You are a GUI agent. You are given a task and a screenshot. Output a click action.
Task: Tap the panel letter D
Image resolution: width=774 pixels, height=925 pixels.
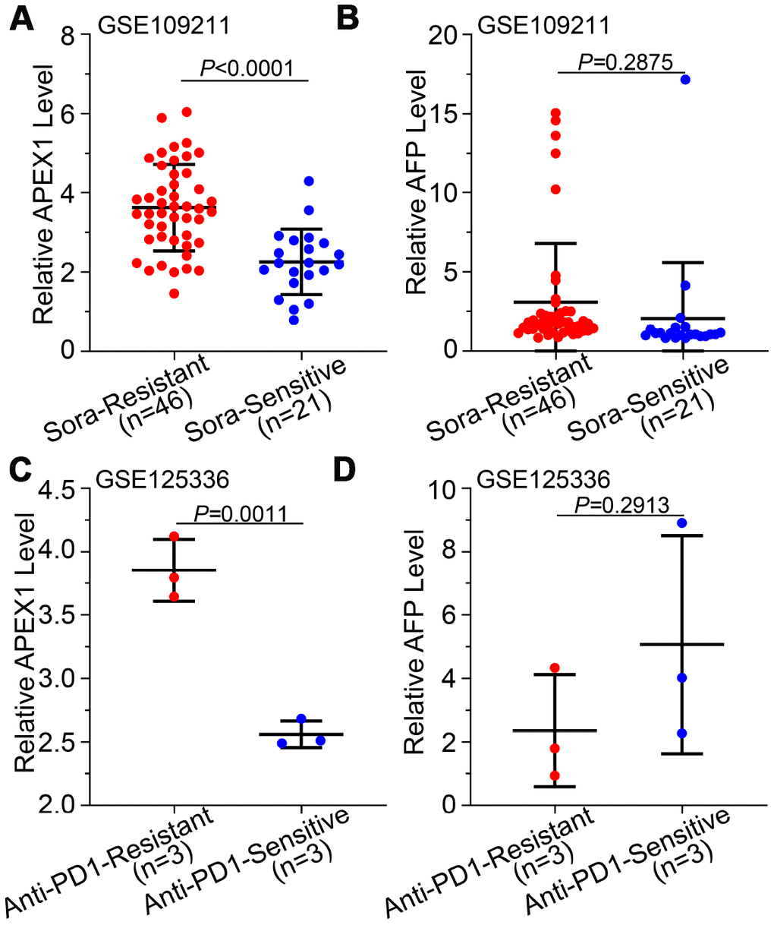[x=346, y=472]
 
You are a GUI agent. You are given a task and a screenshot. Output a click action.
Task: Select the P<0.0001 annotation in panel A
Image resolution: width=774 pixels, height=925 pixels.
[x=247, y=68]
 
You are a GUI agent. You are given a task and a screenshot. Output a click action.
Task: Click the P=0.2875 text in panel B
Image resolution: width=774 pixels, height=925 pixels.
[x=625, y=62]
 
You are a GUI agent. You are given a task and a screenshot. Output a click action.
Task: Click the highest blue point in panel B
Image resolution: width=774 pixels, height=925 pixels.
[x=685, y=79]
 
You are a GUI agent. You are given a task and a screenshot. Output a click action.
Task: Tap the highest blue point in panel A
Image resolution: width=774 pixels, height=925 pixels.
[x=309, y=181]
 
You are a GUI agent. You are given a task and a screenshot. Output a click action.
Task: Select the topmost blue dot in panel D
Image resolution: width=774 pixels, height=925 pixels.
[x=681, y=522]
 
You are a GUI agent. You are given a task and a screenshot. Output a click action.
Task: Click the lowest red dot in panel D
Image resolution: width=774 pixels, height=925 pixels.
[x=555, y=775]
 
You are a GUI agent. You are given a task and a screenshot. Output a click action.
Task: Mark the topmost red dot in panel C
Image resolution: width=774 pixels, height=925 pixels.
[x=175, y=536]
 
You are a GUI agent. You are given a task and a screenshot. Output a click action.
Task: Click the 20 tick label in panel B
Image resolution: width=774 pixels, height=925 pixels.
[x=442, y=35]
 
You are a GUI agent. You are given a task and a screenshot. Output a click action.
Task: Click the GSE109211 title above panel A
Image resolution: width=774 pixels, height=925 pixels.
[x=164, y=26]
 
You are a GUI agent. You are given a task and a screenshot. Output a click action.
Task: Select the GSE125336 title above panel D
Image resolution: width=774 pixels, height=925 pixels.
[x=543, y=480]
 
